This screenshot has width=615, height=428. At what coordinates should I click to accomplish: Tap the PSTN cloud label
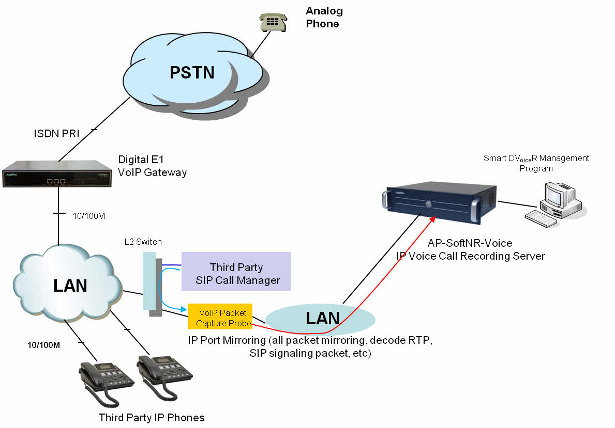[x=192, y=72]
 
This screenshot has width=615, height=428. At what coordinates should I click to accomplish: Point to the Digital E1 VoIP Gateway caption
[x=152, y=165]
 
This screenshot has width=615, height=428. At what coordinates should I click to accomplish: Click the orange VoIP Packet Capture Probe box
[x=220, y=316]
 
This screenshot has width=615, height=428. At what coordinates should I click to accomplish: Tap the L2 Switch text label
[x=143, y=242]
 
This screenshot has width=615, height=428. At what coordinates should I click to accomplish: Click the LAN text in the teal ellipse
[x=322, y=318]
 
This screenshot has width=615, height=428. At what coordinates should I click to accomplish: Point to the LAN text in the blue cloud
[x=70, y=285]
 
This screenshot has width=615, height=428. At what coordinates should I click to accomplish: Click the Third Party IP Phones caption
[x=152, y=418]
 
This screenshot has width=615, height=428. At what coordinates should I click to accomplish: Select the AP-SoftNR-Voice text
[x=470, y=243]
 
